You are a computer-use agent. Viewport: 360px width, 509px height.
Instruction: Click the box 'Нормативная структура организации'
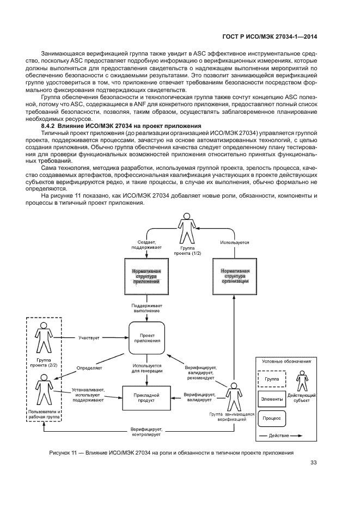click(234, 276)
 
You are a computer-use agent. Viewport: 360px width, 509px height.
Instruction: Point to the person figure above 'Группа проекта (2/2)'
click(44, 336)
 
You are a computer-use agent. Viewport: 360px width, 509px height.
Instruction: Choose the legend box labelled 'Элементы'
click(272, 399)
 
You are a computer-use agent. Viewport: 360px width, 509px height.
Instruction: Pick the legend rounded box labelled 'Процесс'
click(272, 419)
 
